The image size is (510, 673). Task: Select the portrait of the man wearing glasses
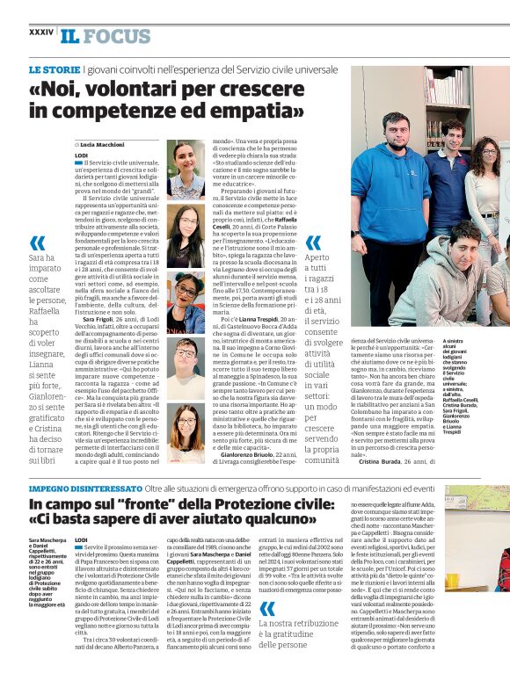[186, 368]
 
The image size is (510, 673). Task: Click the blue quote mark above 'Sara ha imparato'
[38, 243]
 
